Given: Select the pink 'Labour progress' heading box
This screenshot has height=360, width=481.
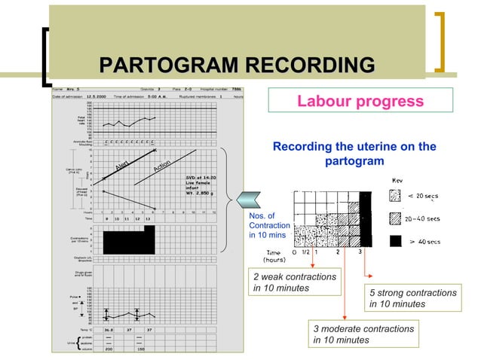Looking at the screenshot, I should tap(360, 101).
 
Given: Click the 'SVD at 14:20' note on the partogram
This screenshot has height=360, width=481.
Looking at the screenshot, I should tap(204, 178).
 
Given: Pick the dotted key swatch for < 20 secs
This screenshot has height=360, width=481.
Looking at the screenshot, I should tap(396, 197).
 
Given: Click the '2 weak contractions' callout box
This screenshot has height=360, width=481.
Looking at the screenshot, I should tap(295, 282).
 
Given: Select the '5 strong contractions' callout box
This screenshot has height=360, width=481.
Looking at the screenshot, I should tap(414, 298).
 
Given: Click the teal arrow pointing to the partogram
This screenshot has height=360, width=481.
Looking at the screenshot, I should tap(250, 198).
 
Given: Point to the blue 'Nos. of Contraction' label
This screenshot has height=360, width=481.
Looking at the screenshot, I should tap(268, 225).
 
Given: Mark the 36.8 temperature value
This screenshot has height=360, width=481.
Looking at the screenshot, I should tap(109, 329).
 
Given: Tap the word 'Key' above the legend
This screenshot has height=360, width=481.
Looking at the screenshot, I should tap(397, 181).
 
